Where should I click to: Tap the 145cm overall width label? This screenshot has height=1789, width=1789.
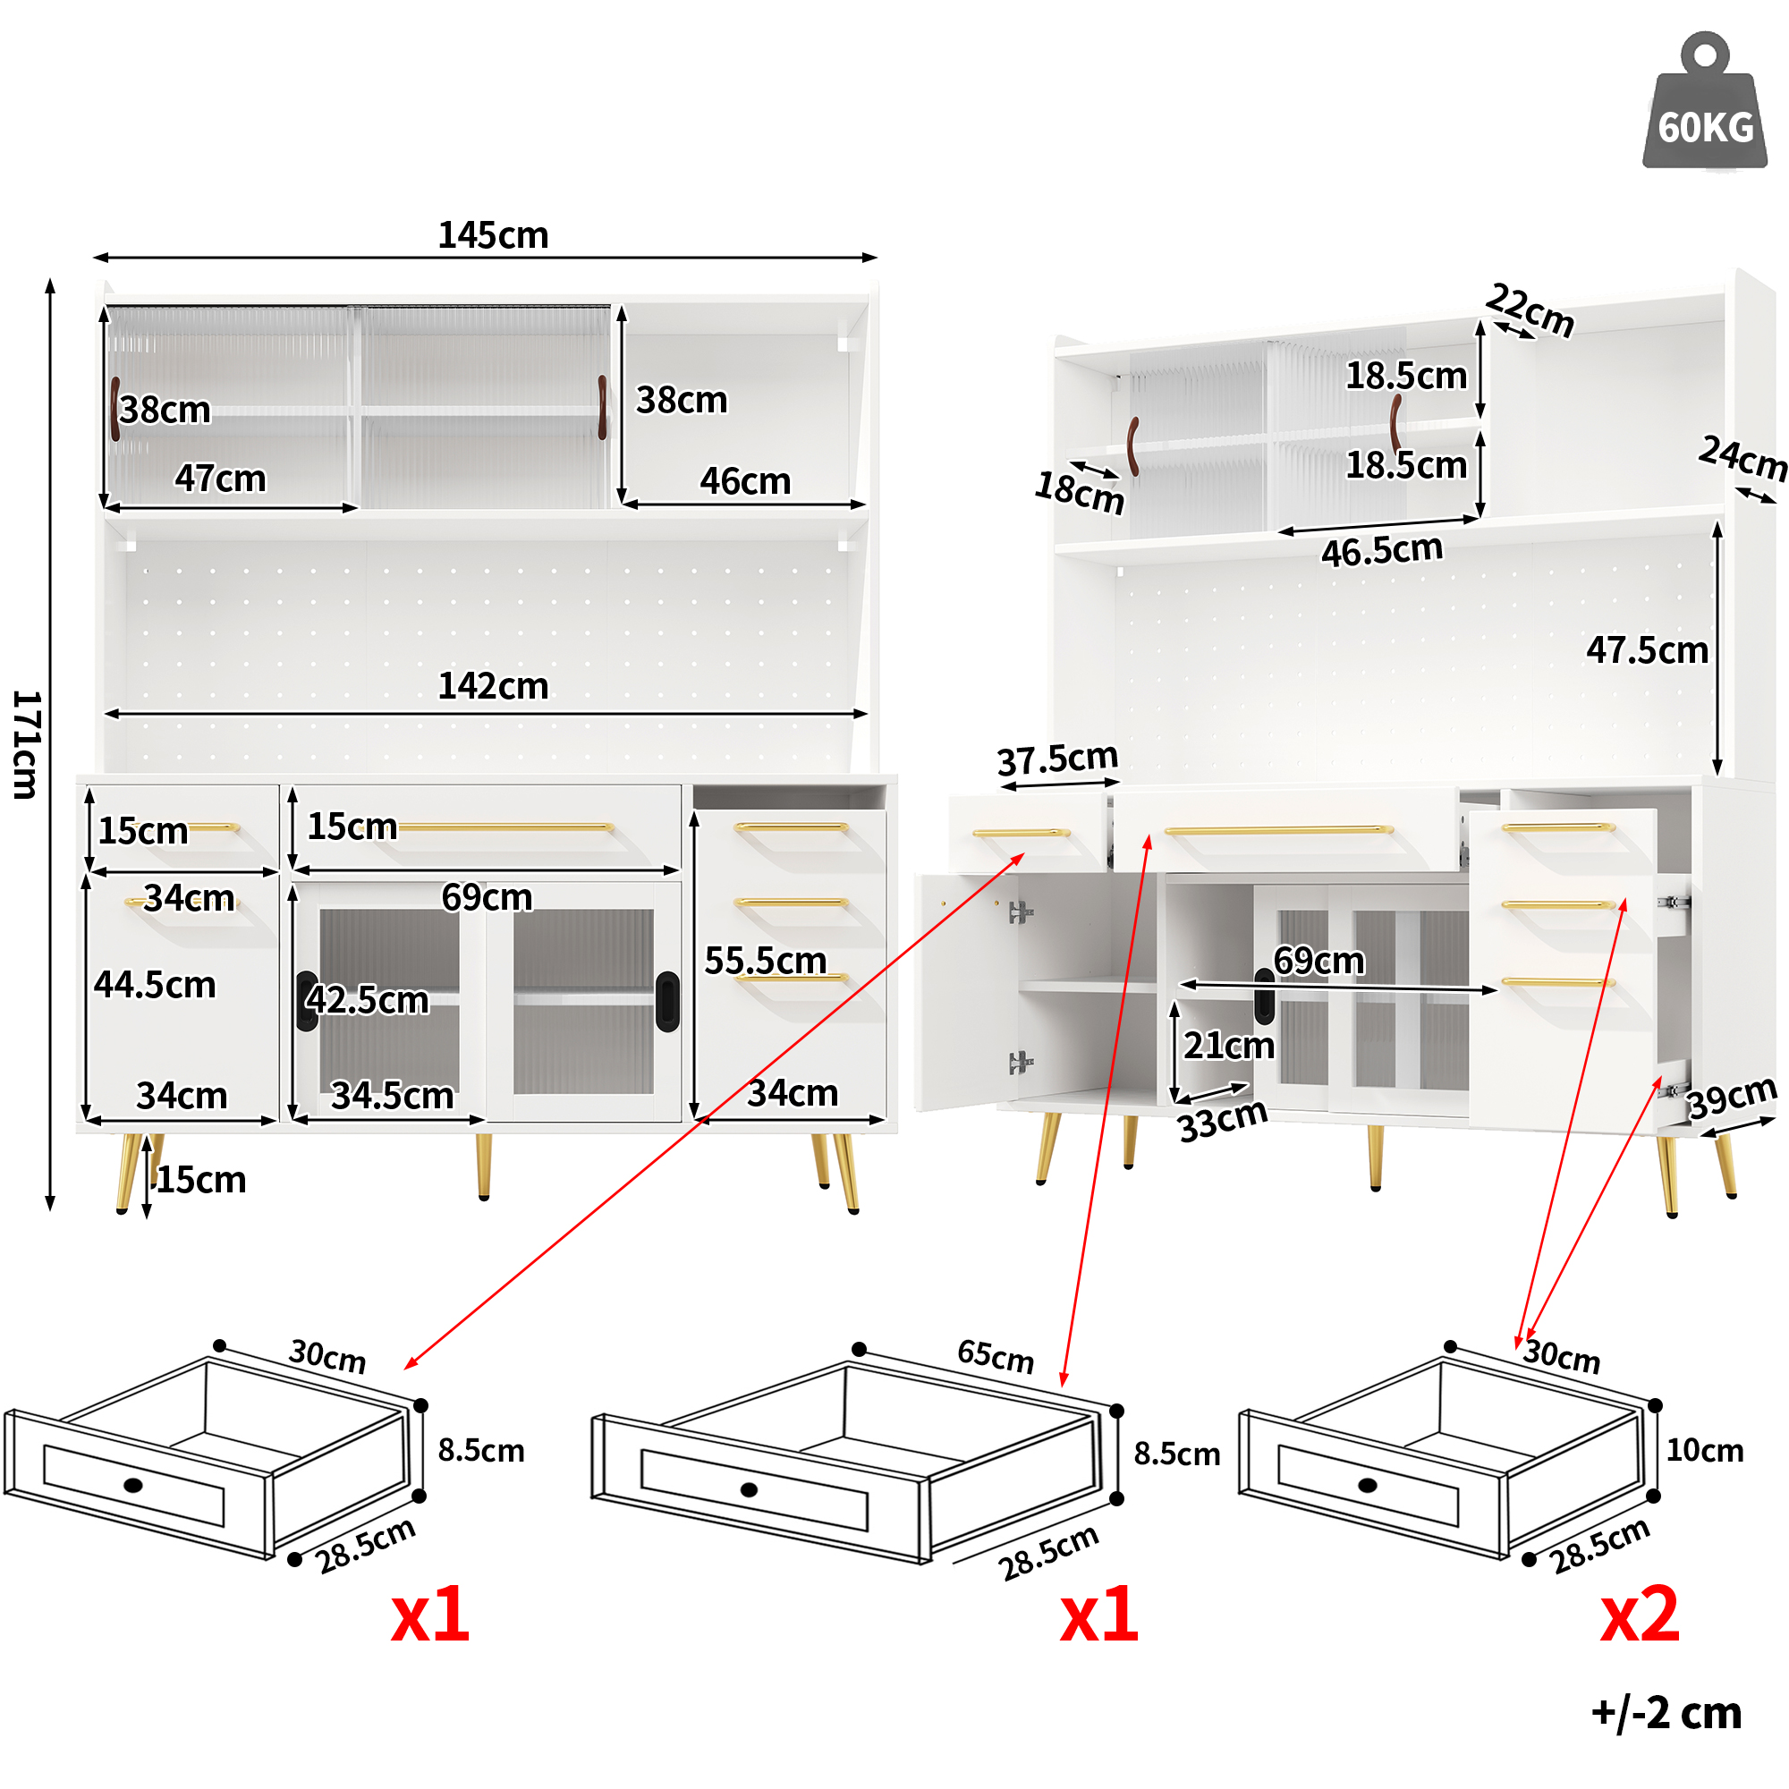493,235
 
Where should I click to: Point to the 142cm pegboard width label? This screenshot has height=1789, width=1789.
493,686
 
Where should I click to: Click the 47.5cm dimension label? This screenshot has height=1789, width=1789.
1647,650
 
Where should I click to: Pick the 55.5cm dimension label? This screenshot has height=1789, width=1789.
765,960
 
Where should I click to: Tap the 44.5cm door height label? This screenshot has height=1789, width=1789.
155,984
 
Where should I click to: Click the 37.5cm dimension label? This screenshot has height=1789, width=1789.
1056,759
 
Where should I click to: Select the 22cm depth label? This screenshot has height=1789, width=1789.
1530,311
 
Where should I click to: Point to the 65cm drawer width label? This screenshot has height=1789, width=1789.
995,1357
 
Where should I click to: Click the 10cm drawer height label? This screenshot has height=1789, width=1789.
1704,1450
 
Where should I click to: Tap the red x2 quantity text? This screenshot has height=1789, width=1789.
1639,1614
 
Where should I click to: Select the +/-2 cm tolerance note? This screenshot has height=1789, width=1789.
1666,1712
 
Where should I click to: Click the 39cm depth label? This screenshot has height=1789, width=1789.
1731,1098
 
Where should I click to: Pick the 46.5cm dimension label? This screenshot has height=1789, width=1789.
1382,551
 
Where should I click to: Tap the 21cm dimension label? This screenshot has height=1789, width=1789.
1228,1046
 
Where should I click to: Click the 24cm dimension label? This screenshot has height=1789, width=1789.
1742,458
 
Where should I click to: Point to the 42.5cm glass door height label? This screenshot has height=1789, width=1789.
368,1000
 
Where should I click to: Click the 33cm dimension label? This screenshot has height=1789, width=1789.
1221,1121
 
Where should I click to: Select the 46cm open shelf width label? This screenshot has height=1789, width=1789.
744,480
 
